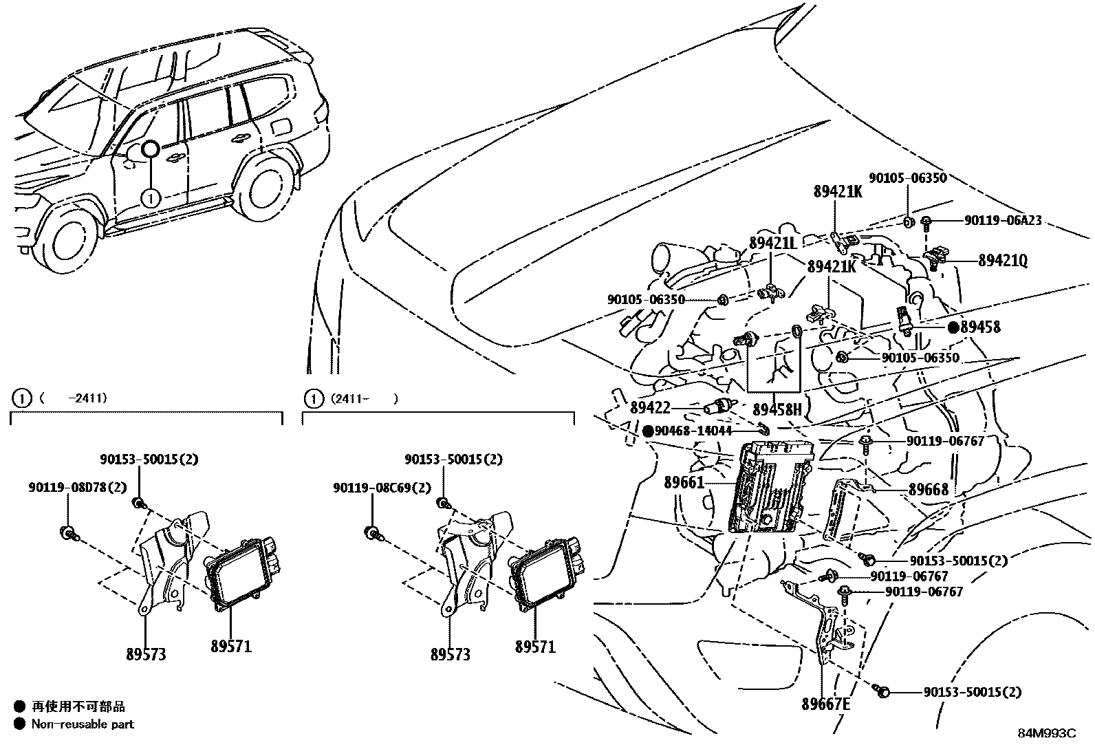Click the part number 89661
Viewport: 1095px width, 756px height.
(684, 482)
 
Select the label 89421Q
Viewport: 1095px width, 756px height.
(1002, 261)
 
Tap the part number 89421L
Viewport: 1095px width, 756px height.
(772, 242)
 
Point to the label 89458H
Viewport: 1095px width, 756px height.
(778, 410)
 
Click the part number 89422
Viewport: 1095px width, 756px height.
(650, 408)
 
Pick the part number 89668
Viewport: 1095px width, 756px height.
(928, 489)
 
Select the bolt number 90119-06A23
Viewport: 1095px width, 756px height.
(1002, 221)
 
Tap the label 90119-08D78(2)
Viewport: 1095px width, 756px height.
(78, 487)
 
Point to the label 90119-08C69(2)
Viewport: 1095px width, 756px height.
(382, 487)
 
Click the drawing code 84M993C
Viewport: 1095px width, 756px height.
(1046, 733)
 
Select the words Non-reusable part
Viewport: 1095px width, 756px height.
(83, 724)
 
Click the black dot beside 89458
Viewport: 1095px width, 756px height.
(953, 327)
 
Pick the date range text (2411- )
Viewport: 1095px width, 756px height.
(363, 398)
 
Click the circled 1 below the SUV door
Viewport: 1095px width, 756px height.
(150, 198)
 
